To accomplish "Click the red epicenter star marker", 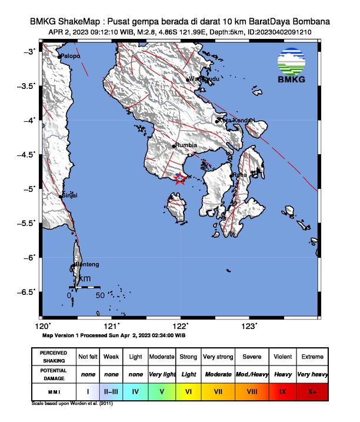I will coord(180,180).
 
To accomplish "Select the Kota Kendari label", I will coord(236,121).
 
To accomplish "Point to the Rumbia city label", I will coord(186,145).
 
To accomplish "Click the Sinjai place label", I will coord(70,195).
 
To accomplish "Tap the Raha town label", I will coord(240,175).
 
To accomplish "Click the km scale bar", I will coord(85,287).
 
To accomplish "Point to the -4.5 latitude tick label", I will coord(26,155).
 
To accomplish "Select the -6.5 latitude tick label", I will coord(26,292).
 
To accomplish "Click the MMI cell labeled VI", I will coord(189,391).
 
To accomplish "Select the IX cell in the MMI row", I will coord(282,391).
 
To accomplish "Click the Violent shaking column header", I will coord(282,357).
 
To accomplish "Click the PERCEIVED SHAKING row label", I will coord(54,357).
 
